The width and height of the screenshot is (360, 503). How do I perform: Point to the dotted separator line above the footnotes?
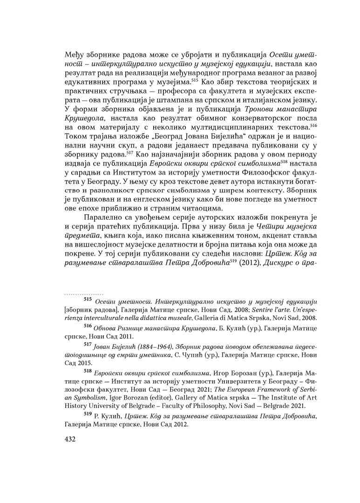83,294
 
